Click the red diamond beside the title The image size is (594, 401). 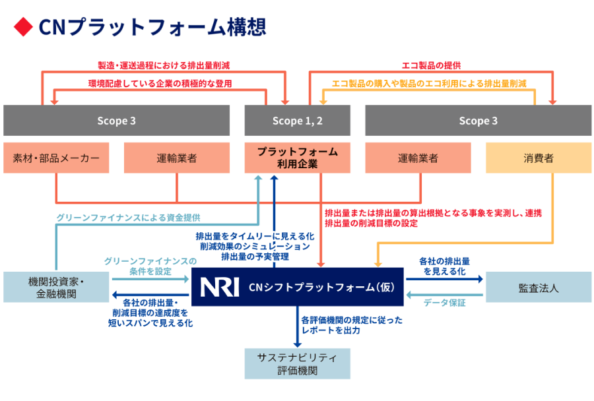tap(23, 26)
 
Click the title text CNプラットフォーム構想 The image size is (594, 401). tap(152, 26)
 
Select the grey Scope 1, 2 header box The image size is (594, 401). tap(297, 121)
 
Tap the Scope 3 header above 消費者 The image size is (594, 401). tap(478, 121)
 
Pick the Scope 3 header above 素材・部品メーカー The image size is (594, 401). tap(116, 121)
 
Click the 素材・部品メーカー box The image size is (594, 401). tap(56, 158)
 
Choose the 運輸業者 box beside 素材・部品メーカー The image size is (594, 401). tap(177, 158)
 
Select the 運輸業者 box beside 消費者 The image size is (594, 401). tap(418, 158)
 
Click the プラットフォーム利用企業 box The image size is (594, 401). tap(297, 158)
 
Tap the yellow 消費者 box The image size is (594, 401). tap(539, 158)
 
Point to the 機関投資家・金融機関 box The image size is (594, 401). tap(56, 287)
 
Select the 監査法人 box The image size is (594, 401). tap(539, 287)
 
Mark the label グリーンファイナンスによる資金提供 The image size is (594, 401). tap(127, 217)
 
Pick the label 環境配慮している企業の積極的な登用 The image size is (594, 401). tap(160, 84)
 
